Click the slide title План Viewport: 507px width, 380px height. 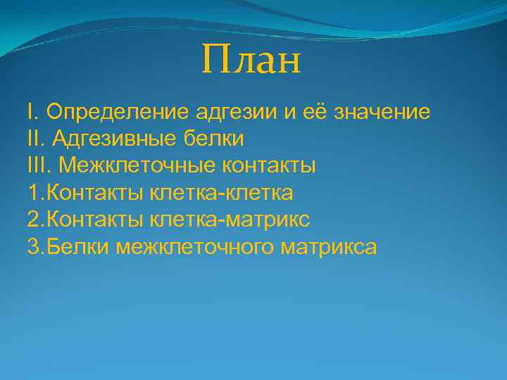pyautogui.click(x=251, y=60)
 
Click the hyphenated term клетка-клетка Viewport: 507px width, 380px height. pyautogui.click(x=221, y=193)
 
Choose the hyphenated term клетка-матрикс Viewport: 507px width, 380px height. pyautogui.click(x=229, y=220)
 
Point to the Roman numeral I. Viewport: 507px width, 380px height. pyautogui.click(x=30, y=112)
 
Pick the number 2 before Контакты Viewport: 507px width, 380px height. pyautogui.click(x=33, y=220)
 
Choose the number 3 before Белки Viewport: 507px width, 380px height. pyautogui.click(x=33, y=247)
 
